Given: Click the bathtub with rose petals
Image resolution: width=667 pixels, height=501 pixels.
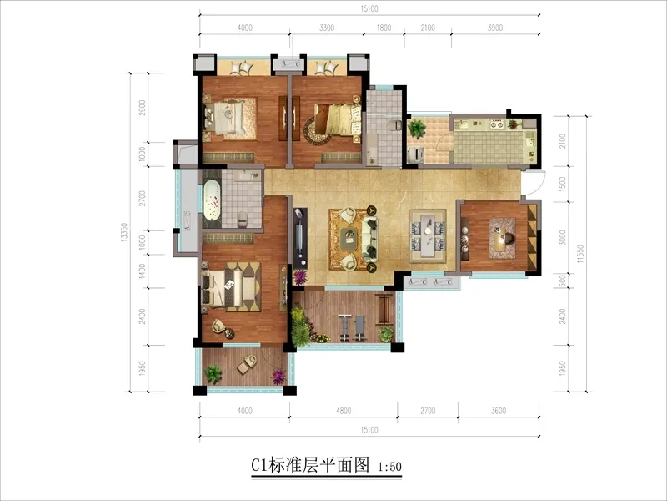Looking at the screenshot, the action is point(212,200).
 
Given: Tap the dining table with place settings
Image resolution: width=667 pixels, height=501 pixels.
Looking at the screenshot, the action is point(428,235).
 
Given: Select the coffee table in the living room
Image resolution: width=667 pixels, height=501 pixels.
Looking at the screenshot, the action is point(349,238).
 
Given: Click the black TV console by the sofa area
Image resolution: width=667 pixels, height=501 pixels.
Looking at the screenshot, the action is point(300,238).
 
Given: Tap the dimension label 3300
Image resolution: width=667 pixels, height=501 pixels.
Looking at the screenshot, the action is point(327,28).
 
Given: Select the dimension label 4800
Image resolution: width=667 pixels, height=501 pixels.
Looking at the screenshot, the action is point(344,411).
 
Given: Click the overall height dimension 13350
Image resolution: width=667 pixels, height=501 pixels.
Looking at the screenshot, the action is point(124,233).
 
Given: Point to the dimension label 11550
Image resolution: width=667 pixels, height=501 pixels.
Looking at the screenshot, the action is point(580,254).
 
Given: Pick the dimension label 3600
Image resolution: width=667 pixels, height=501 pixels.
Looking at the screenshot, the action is point(499,411).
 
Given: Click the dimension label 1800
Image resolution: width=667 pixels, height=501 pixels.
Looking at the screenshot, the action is point(384,28).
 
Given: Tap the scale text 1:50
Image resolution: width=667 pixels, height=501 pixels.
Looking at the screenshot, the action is point(389,467).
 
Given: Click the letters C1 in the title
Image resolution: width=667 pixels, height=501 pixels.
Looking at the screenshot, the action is point(259,465).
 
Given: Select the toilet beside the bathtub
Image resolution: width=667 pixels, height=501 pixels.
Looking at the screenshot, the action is point(242,219).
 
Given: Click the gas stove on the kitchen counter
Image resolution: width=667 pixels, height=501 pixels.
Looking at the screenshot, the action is point(497,124).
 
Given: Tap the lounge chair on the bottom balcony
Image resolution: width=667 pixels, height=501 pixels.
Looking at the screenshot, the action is point(247,364).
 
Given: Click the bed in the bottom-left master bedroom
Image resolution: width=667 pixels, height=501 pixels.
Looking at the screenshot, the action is point(231,286).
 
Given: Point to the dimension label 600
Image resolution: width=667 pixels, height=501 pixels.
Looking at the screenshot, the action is point(562,281).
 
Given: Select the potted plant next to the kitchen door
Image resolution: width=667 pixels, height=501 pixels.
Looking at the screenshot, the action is point(416,129).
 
